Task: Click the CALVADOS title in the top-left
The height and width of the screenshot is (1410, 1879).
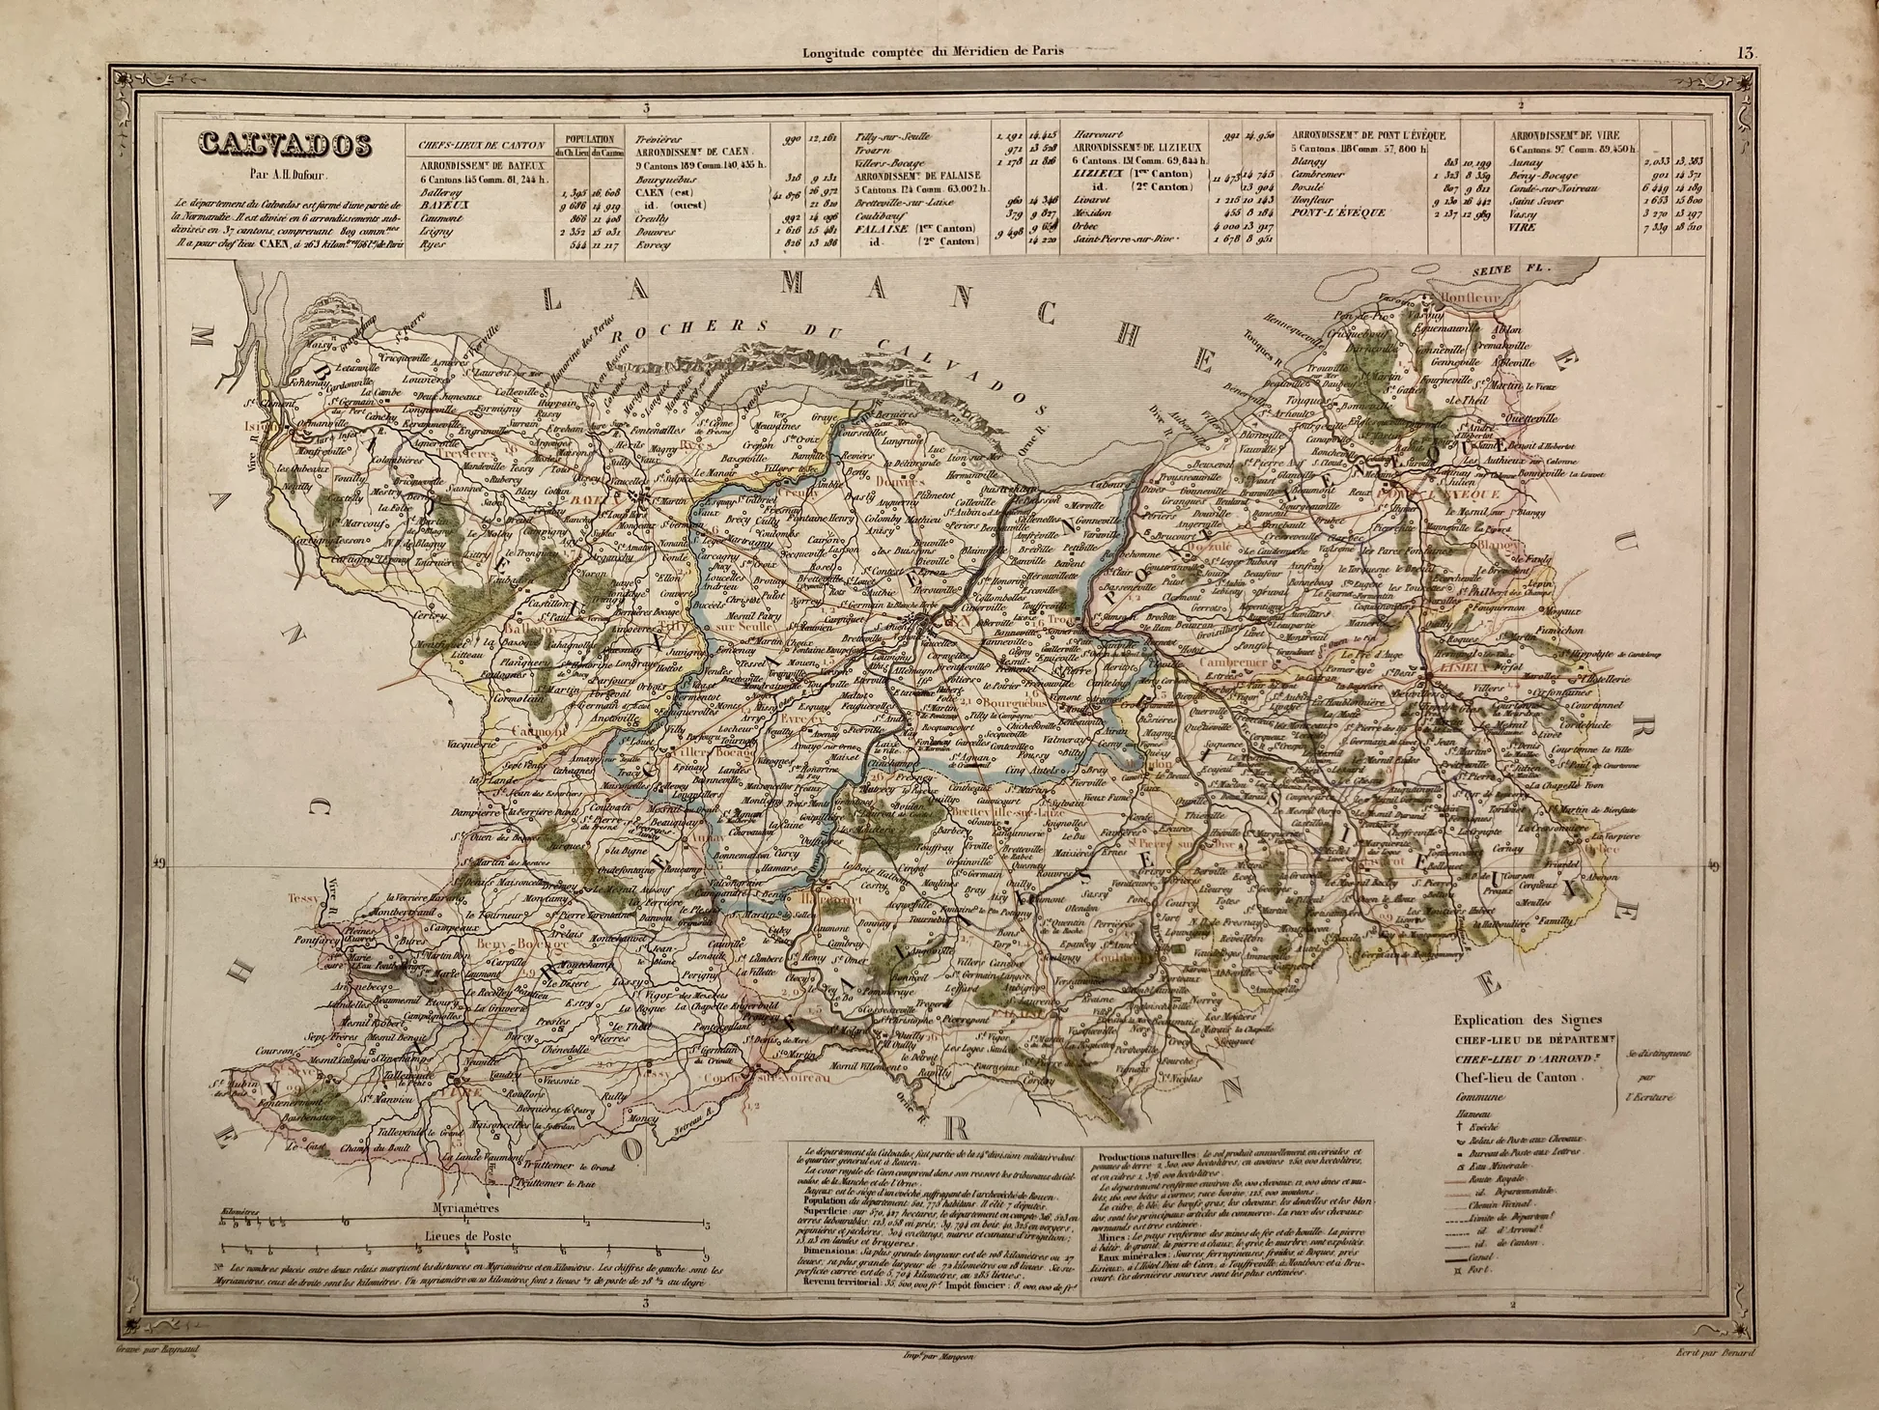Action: point(286,146)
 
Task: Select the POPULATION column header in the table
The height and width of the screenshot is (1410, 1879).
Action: point(589,138)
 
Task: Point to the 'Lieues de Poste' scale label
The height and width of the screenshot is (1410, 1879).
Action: point(464,1235)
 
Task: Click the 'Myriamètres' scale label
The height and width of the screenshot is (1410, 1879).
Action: point(463,1207)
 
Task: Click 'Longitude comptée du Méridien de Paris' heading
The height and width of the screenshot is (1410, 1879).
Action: point(934,50)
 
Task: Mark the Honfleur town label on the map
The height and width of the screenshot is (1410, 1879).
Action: point(1472,298)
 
